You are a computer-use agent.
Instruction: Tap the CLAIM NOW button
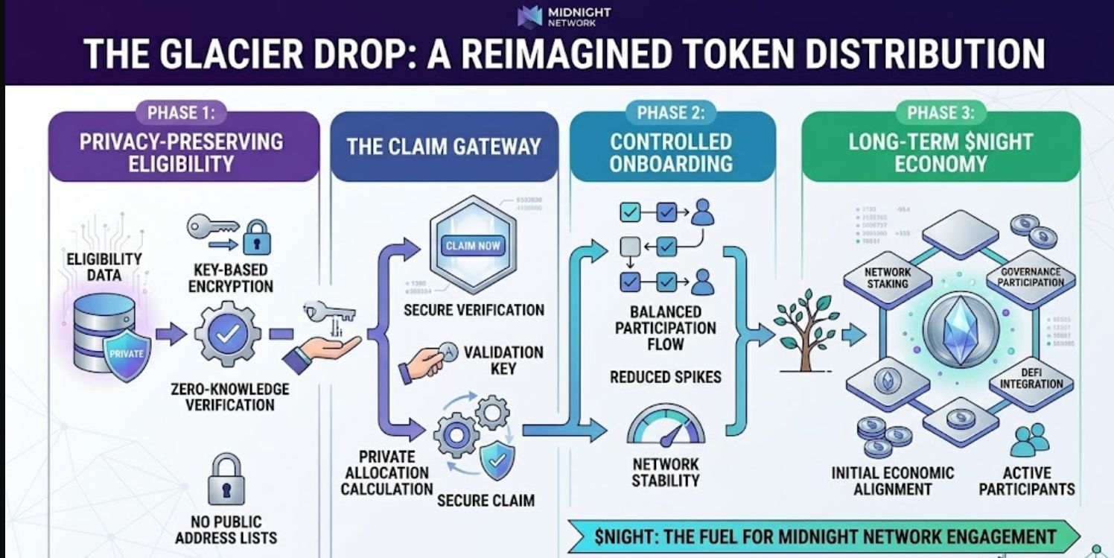[473, 245]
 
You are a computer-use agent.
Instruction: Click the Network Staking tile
[888, 277]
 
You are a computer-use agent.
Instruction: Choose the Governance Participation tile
[1031, 277]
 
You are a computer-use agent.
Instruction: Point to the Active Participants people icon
[1029, 440]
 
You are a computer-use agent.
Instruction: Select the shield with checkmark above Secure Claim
[495, 460]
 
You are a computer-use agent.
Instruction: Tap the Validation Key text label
[503, 359]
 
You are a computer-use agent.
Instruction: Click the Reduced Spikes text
[665, 377]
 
